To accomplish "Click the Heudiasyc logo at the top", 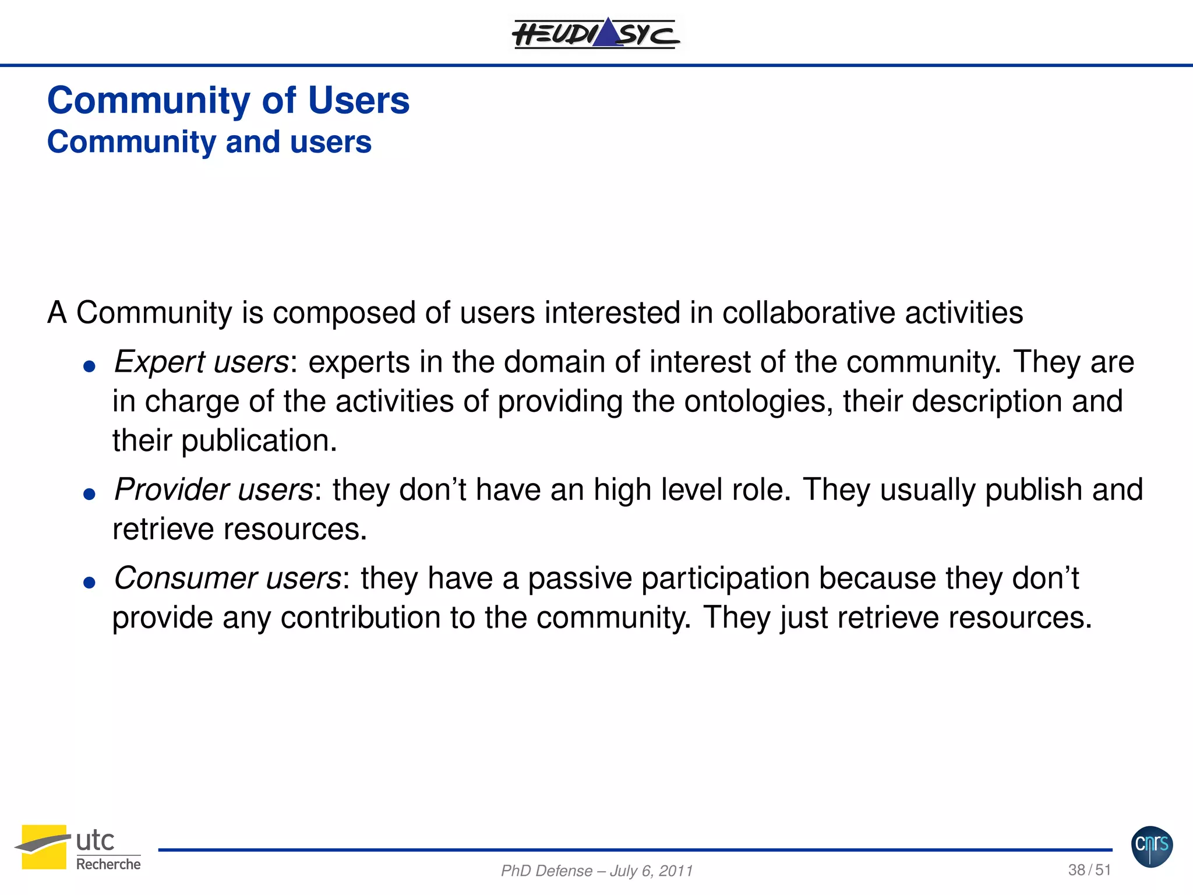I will click(595, 34).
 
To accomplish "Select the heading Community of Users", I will click(228, 100).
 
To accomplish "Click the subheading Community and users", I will click(209, 142).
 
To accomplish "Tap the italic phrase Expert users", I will click(201, 362).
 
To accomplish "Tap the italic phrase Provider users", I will click(213, 489).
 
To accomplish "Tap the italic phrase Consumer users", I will click(227, 579).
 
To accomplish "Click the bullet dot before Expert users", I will click(89, 367).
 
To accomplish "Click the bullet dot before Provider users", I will click(89, 495).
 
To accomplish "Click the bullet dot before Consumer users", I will click(89, 583).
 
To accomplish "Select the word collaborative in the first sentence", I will click(809, 313).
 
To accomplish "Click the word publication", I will click(259, 441).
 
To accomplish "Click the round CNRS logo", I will click(1152, 846).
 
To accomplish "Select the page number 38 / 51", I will click(1089, 870).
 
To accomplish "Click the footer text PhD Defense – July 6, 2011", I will click(596, 871).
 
